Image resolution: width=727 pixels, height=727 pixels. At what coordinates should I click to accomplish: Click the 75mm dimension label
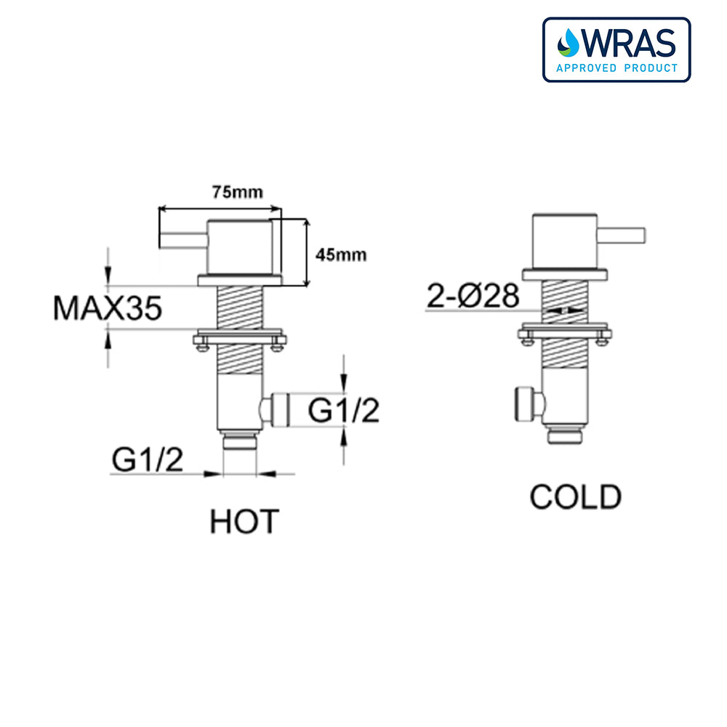(x=238, y=192)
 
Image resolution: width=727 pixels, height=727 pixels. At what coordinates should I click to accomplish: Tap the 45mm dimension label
(x=341, y=254)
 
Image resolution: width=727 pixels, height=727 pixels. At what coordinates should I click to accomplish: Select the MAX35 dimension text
(x=108, y=308)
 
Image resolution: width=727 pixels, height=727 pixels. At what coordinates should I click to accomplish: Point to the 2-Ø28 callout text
(x=473, y=296)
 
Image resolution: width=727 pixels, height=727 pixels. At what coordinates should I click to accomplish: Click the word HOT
(x=244, y=521)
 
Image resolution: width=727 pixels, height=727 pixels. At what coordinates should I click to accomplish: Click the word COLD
(x=575, y=497)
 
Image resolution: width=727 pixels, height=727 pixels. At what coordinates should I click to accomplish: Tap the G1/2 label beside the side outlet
(x=344, y=410)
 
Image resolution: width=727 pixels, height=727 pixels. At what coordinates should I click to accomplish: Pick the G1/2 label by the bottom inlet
(x=148, y=459)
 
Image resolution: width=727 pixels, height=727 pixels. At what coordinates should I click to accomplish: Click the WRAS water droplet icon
(x=569, y=43)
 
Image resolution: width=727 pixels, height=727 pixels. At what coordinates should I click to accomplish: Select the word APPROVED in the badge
(x=587, y=68)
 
